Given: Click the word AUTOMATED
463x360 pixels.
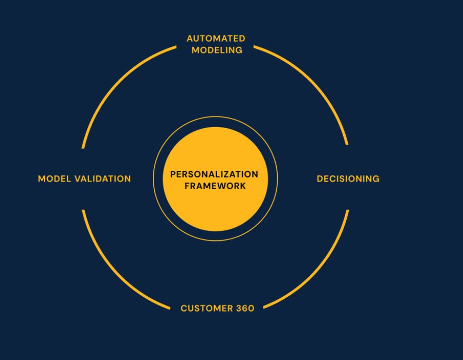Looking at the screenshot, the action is pyautogui.click(x=216, y=39).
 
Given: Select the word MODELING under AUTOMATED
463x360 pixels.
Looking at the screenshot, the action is pyautogui.click(x=217, y=50).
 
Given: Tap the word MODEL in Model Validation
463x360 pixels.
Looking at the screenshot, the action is pyautogui.click(x=55, y=179).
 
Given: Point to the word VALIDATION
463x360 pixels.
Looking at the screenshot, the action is pyautogui.click(x=102, y=179).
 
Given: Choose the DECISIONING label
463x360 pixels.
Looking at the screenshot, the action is pyautogui.click(x=348, y=179).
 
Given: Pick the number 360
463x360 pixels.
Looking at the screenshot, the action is pyautogui.click(x=245, y=309).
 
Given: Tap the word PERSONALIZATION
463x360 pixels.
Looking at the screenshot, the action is pyautogui.click(x=214, y=174).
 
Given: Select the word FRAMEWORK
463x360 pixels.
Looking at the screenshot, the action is pyautogui.click(x=215, y=186).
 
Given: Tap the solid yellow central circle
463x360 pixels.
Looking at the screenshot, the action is pyautogui.click(x=215, y=207).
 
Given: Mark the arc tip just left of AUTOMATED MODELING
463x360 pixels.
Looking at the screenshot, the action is pyautogui.click(x=176, y=47).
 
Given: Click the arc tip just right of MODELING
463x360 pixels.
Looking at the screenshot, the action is pyautogui.click(x=254, y=47).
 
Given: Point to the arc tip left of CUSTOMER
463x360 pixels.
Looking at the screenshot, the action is pyautogui.click(x=170, y=309).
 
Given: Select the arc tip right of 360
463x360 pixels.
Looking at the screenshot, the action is pyautogui.click(x=263, y=308).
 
